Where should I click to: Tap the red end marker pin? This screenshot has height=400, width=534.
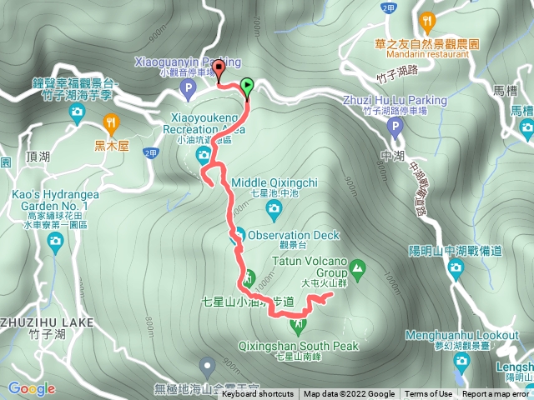[x=220, y=72]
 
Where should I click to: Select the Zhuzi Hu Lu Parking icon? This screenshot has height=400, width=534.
[x=395, y=126]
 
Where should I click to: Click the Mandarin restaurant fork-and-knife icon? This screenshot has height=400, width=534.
[x=428, y=20]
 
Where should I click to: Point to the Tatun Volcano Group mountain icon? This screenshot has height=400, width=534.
[x=358, y=268]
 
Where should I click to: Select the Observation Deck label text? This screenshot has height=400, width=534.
[x=294, y=236]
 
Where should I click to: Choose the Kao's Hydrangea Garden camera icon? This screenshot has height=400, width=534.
[x=55, y=242]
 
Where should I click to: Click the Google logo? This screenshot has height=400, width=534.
[x=31, y=388]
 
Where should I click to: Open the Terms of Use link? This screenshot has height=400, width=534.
[x=429, y=394]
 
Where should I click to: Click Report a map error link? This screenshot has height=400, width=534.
[x=497, y=394]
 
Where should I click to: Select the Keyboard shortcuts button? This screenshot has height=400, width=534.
[x=257, y=394]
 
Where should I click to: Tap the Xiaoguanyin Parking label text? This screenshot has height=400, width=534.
[x=187, y=61]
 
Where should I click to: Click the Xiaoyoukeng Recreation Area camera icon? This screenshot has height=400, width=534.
[x=203, y=154]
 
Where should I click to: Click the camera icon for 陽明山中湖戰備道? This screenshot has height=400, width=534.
[x=456, y=267]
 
